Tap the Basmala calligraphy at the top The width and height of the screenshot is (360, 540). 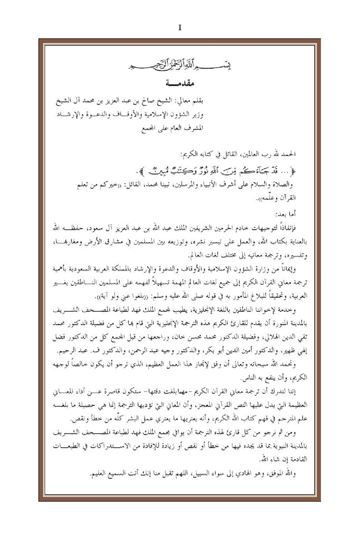pos(180,65)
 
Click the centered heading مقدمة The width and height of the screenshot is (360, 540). pos(180,83)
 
